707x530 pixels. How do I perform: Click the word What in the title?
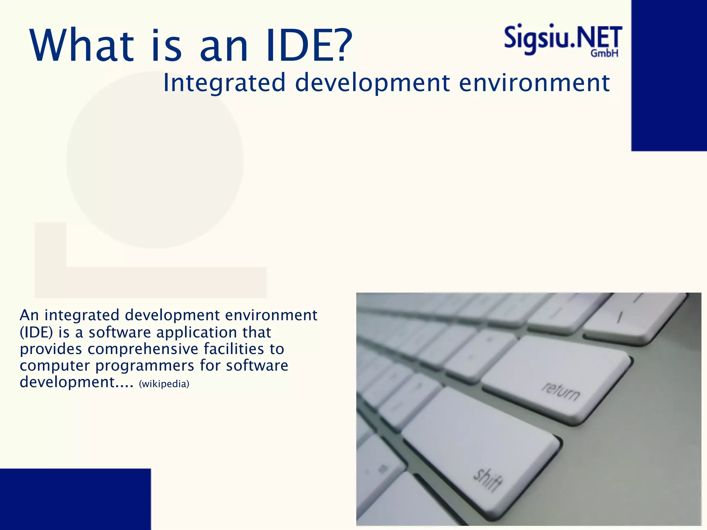[x=82, y=46]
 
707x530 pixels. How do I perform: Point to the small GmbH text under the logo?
[x=604, y=53]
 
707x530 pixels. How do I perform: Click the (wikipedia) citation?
[x=164, y=384]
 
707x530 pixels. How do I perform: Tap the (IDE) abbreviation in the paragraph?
[x=36, y=333]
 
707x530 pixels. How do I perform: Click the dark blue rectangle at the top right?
[x=669, y=75]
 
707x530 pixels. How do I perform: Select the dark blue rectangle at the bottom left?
[x=75, y=499]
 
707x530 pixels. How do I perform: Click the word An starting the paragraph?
[x=29, y=315]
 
